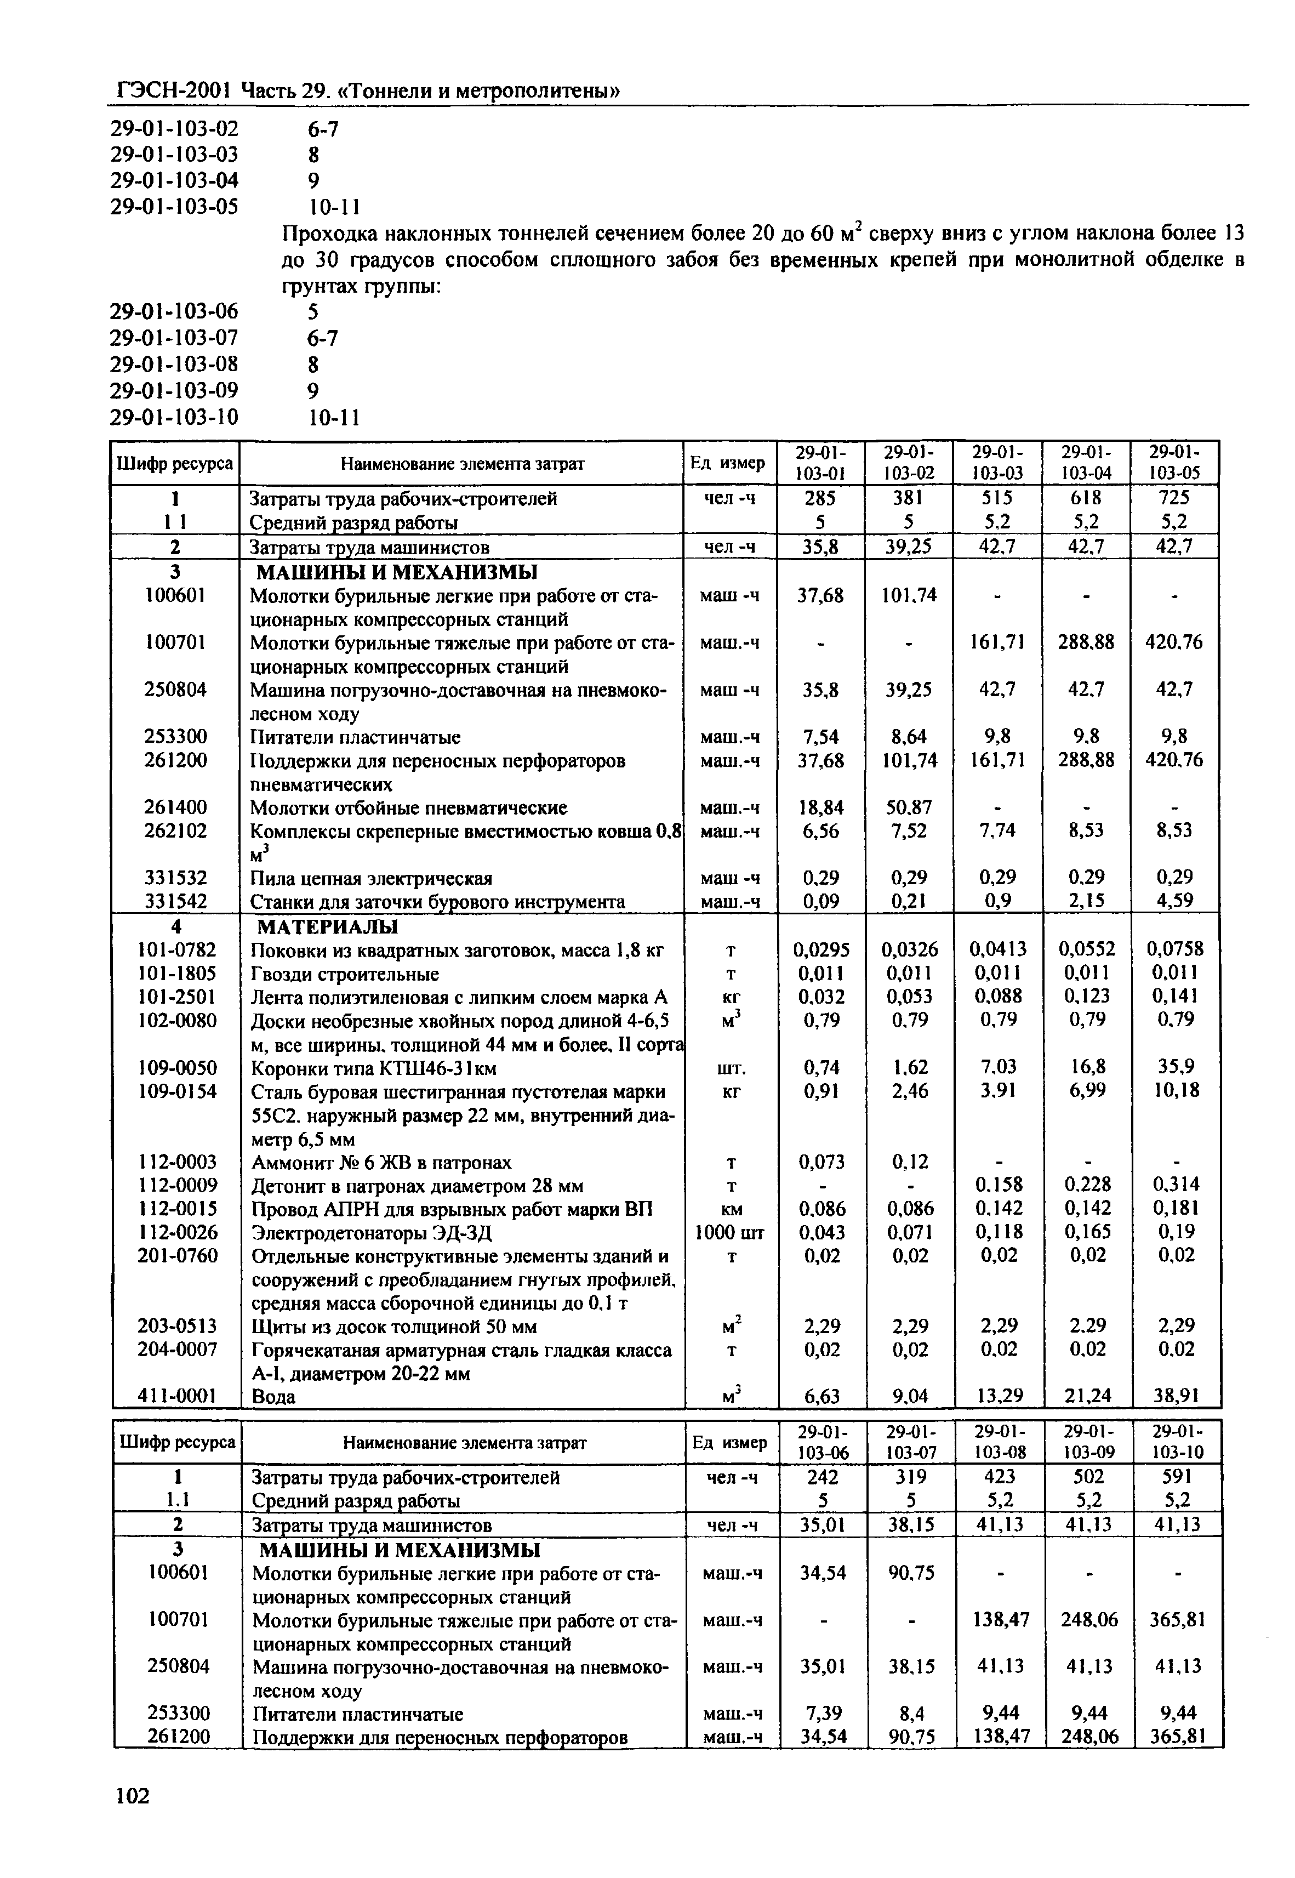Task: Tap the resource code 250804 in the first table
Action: click(x=176, y=690)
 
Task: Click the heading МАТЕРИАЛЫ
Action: click(x=328, y=926)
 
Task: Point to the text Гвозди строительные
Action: click(x=345, y=973)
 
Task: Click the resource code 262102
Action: click(x=176, y=831)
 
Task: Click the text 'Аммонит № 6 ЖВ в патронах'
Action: click(x=381, y=1162)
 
